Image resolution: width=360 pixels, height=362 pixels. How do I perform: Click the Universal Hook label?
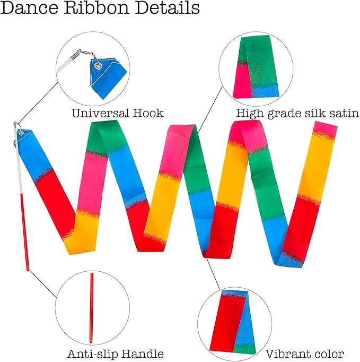coord(118,113)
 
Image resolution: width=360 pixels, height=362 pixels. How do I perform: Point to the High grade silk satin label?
coord(297,113)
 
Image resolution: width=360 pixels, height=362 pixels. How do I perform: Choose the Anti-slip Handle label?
coord(115,354)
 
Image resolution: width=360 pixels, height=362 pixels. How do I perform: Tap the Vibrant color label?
coord(305,354)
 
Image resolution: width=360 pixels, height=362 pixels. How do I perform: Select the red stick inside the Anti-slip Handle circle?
coord(92,308)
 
